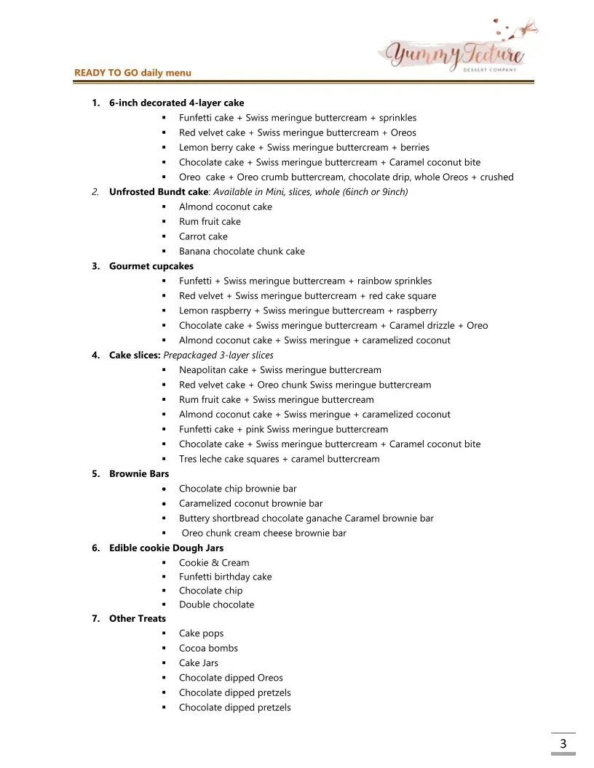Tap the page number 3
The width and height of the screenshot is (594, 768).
click(563, 743)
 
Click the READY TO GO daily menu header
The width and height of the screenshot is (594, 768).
click(132, 73)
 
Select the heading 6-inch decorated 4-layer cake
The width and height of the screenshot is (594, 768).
click(176, 103)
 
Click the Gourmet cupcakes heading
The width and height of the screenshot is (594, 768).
click(151, 266)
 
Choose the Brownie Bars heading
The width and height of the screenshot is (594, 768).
click(139, 473)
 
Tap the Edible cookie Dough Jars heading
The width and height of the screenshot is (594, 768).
click(166, 548)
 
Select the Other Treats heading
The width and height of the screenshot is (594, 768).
click(138, 618)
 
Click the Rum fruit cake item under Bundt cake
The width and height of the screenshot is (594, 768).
click(210, 222)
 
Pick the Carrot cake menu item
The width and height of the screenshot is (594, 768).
click(203, 236)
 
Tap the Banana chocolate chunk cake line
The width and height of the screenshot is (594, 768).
click(242, 252)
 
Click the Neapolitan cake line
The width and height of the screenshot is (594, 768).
click(280, 370)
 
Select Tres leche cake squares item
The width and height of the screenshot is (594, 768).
click(279, 459)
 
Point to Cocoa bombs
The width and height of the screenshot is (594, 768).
click(208, 648)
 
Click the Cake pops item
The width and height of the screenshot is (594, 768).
click(201, 633)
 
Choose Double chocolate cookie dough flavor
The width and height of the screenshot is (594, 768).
click(216, 604)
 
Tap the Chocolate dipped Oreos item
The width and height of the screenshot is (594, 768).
click(231, 678)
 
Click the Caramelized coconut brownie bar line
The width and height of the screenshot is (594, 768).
click(250, 503)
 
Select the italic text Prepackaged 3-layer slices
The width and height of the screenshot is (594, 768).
click(218, 356)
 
